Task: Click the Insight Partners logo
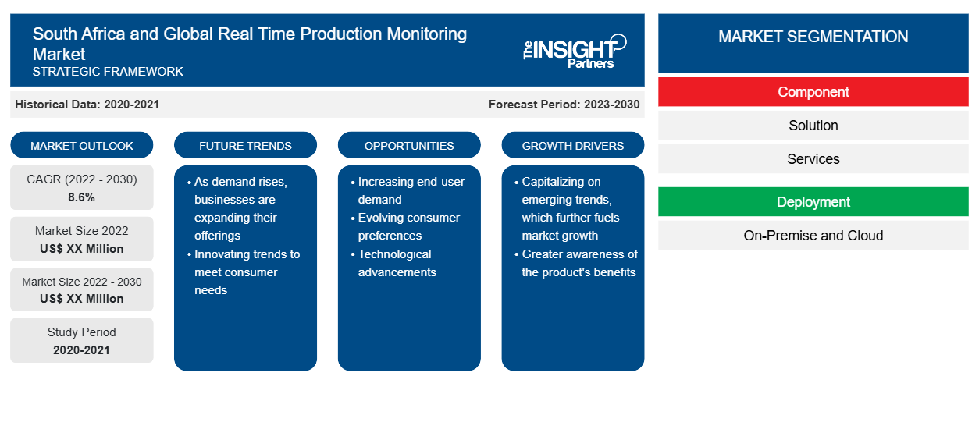pyautogui.click(x=575, y=51)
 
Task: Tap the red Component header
pyautogui.click(x=813, y=92)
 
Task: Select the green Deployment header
pyautogui.click(x=813, y=202)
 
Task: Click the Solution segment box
pyautogui.click(x=813, y=126)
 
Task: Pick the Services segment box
pyautogui.click(x=813, y=159)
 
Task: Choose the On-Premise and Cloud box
pyautogui.click(x=813, y=236)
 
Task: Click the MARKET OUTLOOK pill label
pyautogui.click(x=82, y=145)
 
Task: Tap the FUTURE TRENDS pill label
pyautogui.click(x=245, y=145)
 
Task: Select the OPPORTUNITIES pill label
pyautogui.click(x=409, y=145)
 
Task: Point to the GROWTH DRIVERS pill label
pyautogui.click(x=572, y=145)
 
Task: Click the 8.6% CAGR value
pyautogui.click(x=81, y=197)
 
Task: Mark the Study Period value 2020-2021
pyautogui.click(x=81, y=350)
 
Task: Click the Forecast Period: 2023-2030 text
pyautogui.click(x=564, y=105)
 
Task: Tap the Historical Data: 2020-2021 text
pyautogui.click(x=87, y=105)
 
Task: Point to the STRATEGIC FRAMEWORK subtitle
pyautogui.click(x=108, y=72)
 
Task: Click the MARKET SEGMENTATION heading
pyautogui.click(x=813, y=36)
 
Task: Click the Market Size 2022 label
pyautogui.click(x=82, y=231)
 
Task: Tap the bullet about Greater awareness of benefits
pyautogui.click(x=576, y=263)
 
